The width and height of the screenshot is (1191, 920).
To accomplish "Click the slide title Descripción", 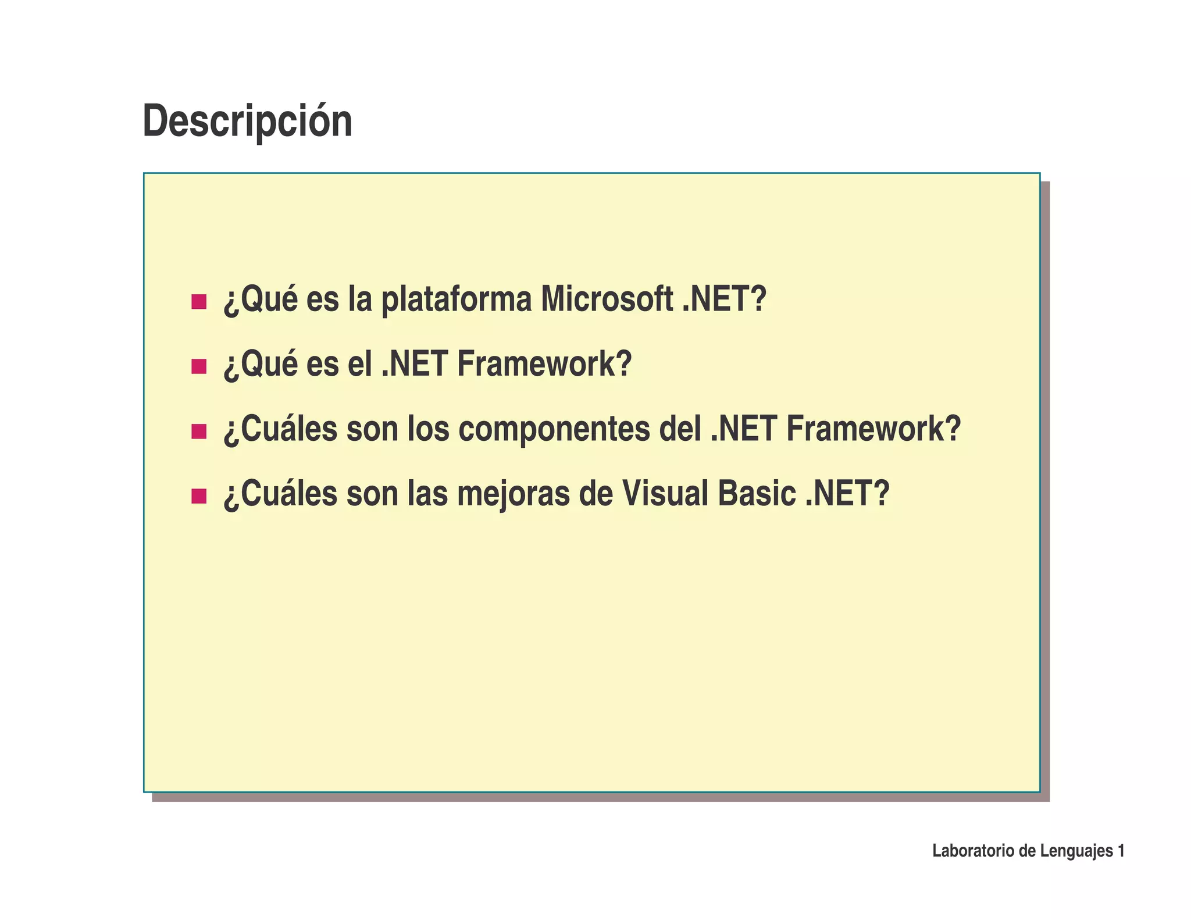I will pyautogui.click(x=247, y=121).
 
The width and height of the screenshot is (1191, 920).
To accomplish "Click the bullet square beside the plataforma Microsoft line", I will pyautogui.click(x=199, y=302).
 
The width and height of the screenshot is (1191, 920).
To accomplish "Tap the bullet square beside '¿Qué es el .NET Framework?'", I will pyautogui.click(x=199, y=366).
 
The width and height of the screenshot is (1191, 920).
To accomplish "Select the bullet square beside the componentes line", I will pyautogui.click(x=199, y=432).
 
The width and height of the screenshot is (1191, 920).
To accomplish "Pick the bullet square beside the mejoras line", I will pyautogui.click(x=199, y=496).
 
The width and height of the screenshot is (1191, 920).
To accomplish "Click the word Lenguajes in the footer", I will pyautogui.click(x=1076, y=851).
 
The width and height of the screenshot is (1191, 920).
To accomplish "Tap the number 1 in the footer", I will pyautogui.click(x=1121, y=851).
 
